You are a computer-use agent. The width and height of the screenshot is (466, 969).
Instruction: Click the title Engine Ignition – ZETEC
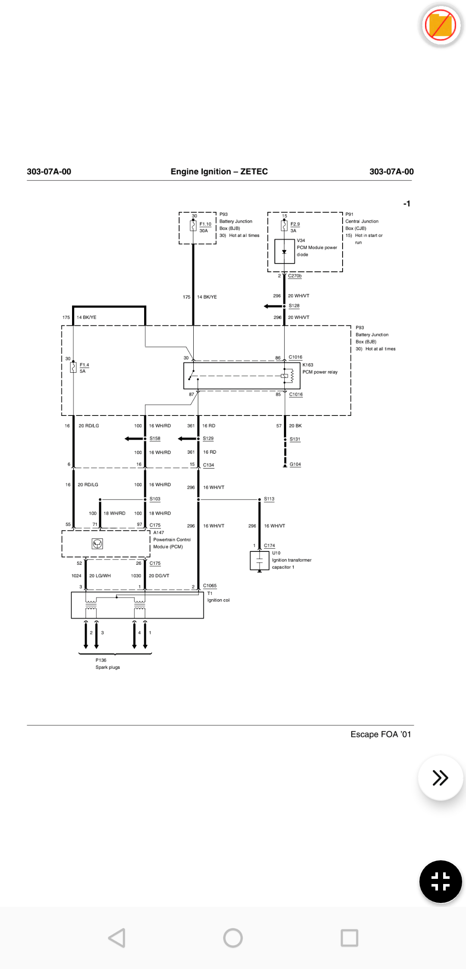pos(219,171)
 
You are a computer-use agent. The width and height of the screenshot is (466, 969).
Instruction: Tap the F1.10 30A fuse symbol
pos(193,226)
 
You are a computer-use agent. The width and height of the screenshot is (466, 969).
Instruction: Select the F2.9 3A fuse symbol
pos(284,225)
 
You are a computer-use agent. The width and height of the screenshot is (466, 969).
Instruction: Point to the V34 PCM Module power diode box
pos(284,251)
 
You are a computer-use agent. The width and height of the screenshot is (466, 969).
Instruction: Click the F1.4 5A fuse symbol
pos(73,367)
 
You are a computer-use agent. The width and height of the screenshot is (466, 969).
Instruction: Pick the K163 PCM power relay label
pos(320,368)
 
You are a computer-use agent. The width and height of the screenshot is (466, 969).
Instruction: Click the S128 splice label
pos(294,306)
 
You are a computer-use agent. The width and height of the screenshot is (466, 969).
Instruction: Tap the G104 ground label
pos(295,465)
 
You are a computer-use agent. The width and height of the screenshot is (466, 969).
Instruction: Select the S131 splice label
pos(295,439)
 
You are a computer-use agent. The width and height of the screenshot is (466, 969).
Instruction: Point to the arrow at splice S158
pos(134,439)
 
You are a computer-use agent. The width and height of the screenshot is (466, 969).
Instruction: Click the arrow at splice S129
pos(187,439)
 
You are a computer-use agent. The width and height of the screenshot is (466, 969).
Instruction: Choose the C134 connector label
pos(208,465)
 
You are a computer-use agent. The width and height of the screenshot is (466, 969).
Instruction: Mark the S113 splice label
pos(269,499)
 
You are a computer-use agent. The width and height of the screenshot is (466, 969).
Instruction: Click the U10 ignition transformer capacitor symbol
pos(259,561)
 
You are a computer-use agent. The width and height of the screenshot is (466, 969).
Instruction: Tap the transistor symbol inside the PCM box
pos(98,544)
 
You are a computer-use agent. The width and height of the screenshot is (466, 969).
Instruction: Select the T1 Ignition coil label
pos(218,597)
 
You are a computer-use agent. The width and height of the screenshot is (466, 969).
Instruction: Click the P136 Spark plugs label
pos(107,664)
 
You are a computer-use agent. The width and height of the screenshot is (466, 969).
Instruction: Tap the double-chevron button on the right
pos(440,777)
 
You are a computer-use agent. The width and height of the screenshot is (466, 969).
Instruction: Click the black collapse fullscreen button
pos(441,881)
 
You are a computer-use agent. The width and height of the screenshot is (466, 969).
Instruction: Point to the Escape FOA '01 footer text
pos(381,734)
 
